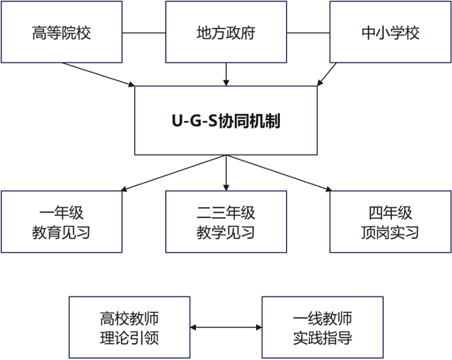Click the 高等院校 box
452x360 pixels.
pos(61,32)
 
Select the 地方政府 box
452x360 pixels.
pos(225,32)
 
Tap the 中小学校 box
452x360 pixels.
pos(390,32)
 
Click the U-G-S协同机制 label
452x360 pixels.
pos(225,122)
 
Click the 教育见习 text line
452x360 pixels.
pos(61,232)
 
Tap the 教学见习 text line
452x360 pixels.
pos(225,232)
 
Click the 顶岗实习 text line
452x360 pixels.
pos(390,232)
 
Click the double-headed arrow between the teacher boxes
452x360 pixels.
pos(226,328)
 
